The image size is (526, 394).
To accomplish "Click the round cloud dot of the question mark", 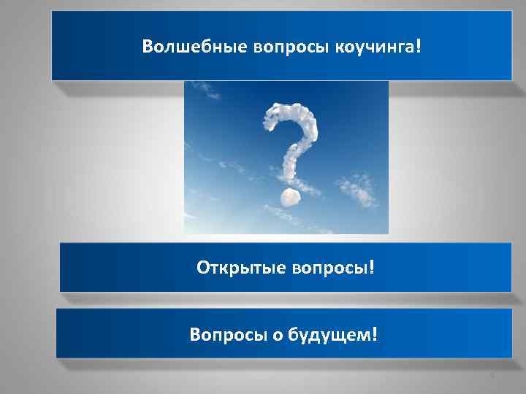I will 289,197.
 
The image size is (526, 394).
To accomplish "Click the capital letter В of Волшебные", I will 148,47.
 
